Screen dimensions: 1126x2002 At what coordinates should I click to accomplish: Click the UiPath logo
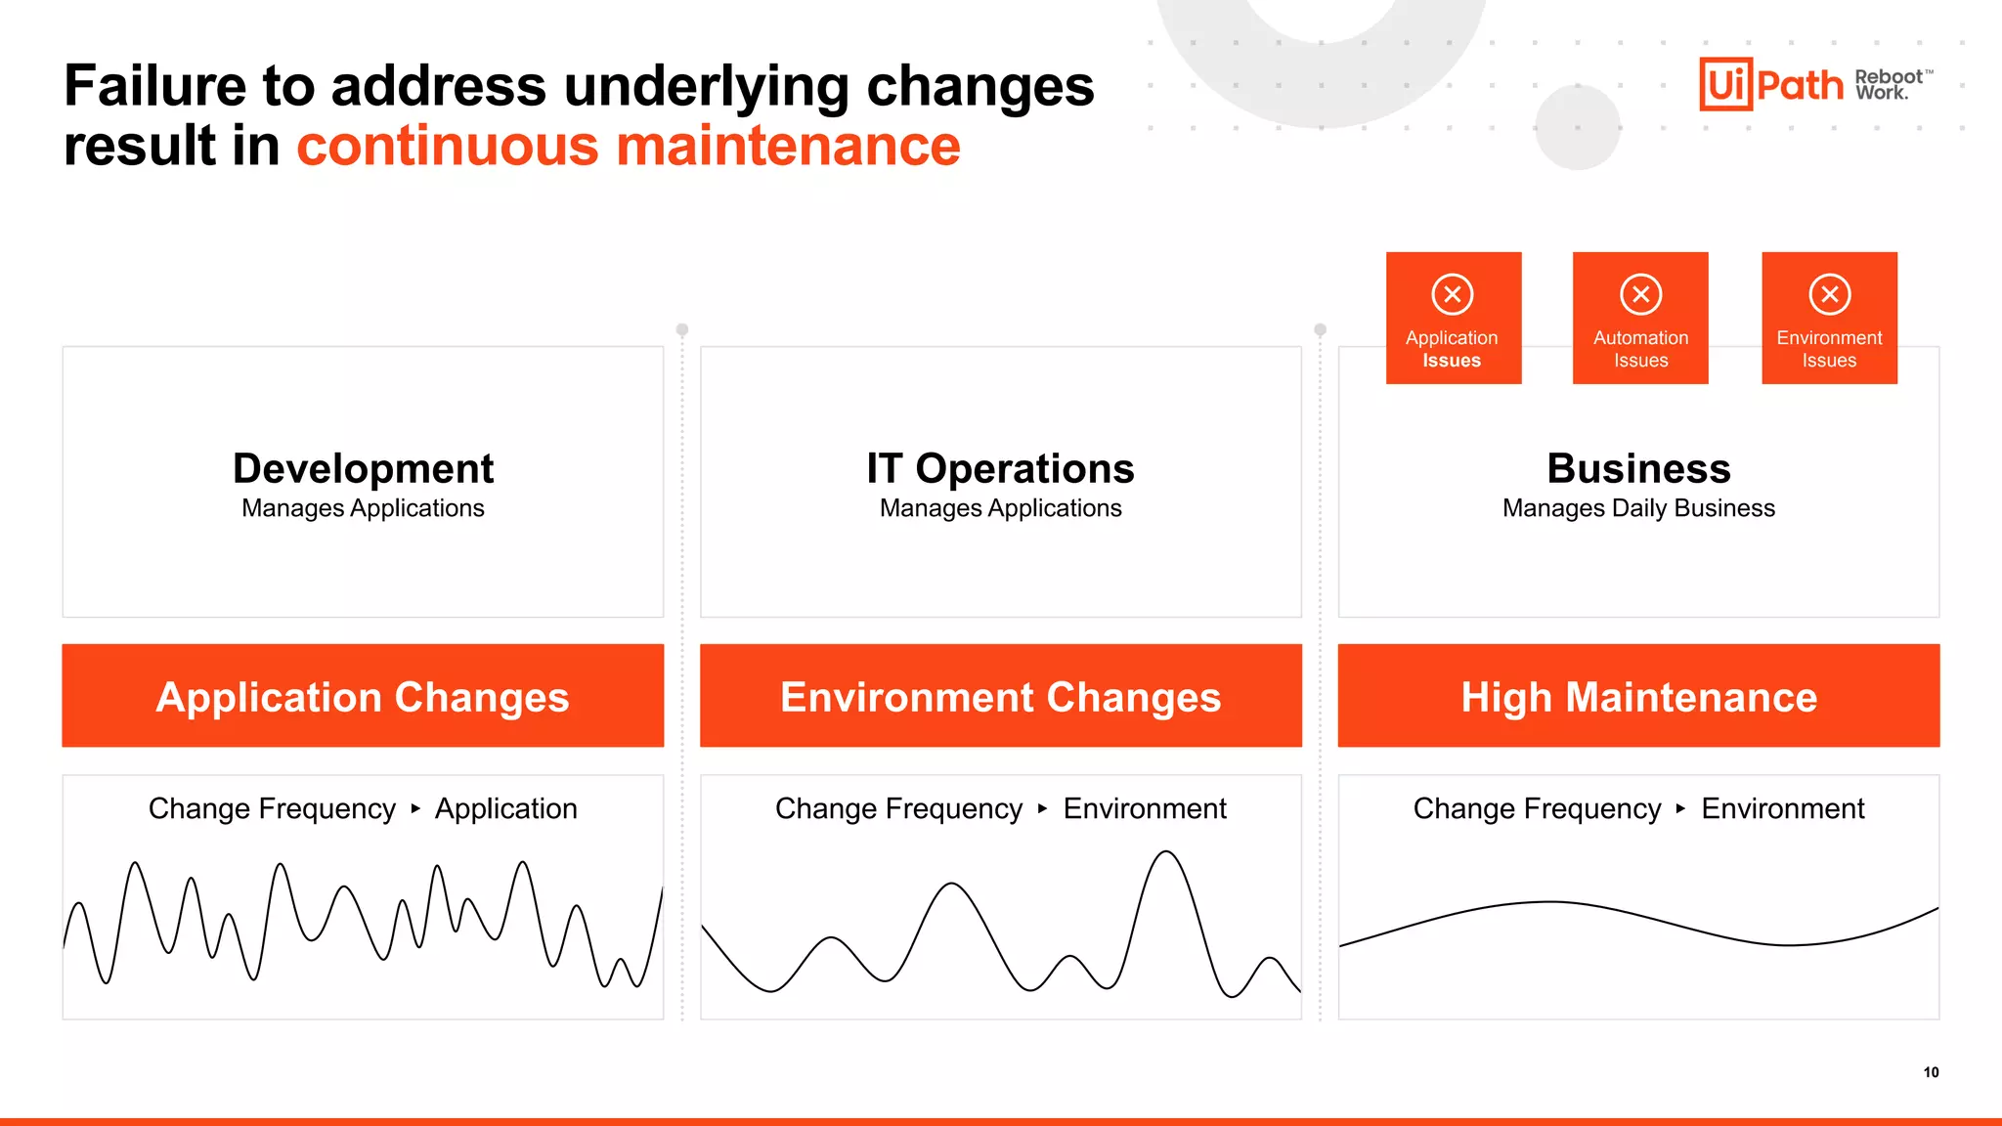[x=1770, y=84]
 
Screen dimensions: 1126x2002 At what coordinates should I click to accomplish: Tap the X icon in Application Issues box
[x=1453, y=294]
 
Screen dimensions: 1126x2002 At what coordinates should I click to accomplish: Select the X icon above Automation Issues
[x=1640, y=294]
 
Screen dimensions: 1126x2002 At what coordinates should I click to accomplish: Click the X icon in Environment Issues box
[x=1829, y=294]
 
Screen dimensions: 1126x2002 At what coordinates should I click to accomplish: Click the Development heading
[x=363, y=468]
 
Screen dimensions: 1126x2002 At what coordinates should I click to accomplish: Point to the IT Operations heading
[x=1000, y=468]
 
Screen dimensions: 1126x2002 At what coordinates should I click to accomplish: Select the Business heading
[x=1638, y=468]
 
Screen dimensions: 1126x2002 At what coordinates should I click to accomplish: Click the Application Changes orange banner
[x=363, y=696]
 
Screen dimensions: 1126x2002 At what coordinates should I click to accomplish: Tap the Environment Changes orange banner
[x=1000, y=696]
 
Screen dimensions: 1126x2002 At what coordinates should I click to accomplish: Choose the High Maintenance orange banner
[x=1638, y=696]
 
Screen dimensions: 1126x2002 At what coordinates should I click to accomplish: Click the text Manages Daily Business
[x=1638, y=508]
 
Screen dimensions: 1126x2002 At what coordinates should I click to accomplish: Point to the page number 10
[x=1931, y=1072]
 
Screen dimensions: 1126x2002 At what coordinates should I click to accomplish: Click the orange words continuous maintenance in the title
[x=628, y=147]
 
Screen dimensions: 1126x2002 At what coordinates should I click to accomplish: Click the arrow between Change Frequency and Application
[x=415, y=808]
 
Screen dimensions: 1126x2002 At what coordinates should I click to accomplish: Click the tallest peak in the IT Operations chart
[x=1166, y=853]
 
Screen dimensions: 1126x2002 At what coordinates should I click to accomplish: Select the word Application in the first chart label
[x=505, y=808]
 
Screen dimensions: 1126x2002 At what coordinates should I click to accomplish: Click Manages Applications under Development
[x=363, y=508]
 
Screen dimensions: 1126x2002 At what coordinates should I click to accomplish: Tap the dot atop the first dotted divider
[x=682, y=330]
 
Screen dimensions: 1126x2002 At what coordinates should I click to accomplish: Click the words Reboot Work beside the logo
[x=1889, y=85]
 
